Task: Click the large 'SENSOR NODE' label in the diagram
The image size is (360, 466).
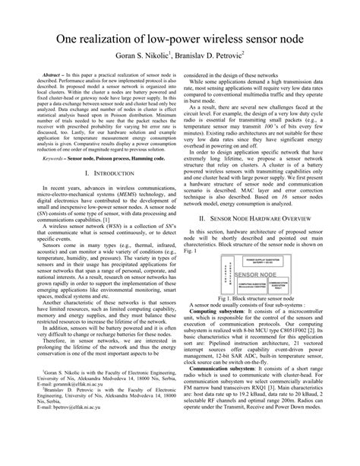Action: [256, 274]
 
